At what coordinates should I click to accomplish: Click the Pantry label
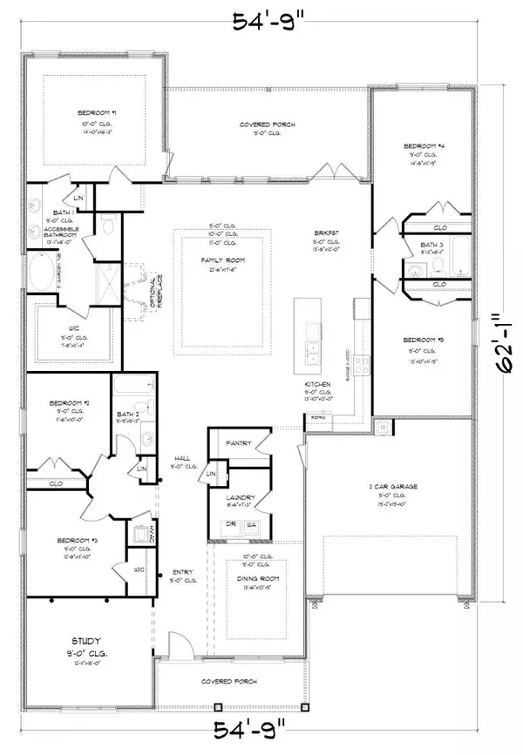(239, 443)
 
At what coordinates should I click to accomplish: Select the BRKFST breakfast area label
(325, 234)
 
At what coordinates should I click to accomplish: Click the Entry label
(183, 571)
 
